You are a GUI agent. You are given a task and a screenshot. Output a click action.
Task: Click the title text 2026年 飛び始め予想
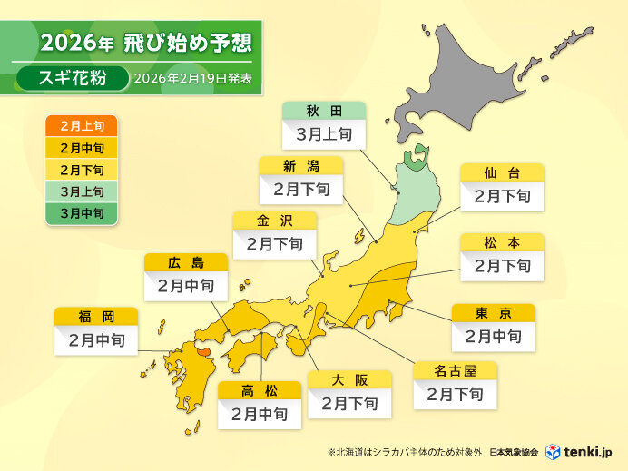coord(146,43)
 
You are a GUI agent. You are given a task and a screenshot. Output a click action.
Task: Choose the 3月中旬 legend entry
coord(81,214)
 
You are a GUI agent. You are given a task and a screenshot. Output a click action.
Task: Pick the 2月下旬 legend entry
coord(81,171)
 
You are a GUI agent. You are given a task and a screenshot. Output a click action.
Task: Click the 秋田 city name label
coord(323,112)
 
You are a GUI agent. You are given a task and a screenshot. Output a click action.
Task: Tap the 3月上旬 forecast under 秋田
coord(323,136)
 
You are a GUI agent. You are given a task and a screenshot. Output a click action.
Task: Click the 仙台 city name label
coord(501,172)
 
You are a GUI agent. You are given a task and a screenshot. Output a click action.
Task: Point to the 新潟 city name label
coord(300,165)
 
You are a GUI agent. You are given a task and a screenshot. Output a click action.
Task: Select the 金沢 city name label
coord(274,220)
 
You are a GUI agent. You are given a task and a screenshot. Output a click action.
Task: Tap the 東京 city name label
coord(493,313)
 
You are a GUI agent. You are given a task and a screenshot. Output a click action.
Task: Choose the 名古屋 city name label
coord(455,370)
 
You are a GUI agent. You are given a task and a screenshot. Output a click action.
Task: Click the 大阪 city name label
coord(349,378)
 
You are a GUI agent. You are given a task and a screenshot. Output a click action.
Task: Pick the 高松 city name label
coord(260,390)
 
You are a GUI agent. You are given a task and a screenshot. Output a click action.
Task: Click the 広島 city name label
coord(185,262)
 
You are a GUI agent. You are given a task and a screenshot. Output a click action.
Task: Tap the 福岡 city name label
coord(95,317)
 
